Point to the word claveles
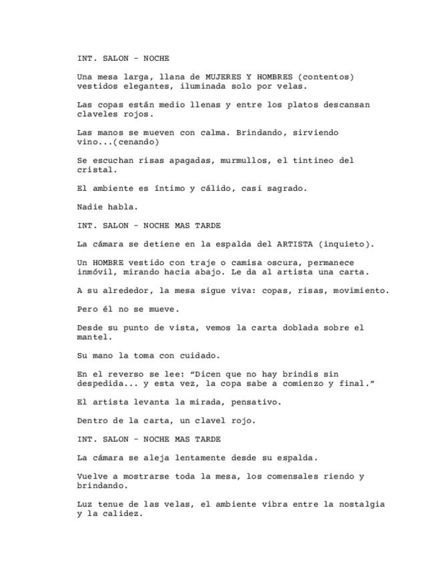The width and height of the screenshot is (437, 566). tap(98, 114)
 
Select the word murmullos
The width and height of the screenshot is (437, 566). tap(222, 161)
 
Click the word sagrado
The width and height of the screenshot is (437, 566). tap(288, 189)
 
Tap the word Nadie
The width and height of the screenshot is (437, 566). tap(90, 208)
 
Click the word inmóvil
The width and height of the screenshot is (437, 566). tap(95, 272)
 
